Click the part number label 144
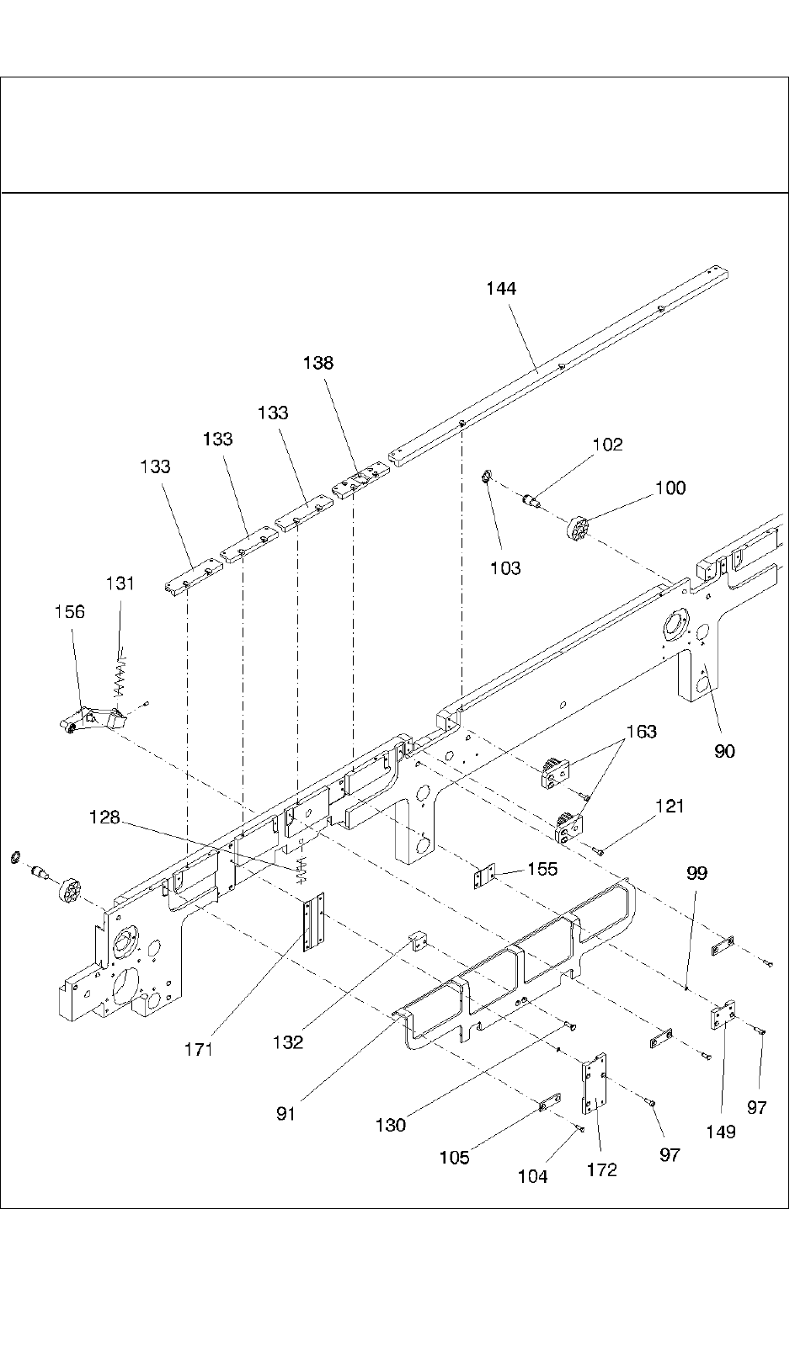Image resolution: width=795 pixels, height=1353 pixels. pos(501,289)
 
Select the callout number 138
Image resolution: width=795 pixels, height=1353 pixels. pos(318,363)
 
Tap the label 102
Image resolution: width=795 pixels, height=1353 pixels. pos(607,445)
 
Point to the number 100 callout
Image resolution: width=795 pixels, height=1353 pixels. pos(670,488)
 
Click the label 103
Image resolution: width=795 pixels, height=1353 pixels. pos(505,568)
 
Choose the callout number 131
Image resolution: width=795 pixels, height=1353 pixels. pos(120,583)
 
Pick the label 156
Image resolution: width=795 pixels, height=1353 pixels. pos(69,612)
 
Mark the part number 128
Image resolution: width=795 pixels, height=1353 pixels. pos(104,817)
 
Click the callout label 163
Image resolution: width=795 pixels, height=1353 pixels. pos(642,732)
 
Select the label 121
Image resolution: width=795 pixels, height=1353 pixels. pos(670,807)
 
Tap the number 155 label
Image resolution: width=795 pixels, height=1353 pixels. pos(542,869)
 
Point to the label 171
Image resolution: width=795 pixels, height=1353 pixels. pos(200,1049)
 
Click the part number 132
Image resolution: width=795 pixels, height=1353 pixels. pos(287,1042)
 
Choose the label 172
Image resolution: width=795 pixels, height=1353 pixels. pos(601,1169)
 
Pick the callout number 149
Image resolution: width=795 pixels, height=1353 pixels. pos(720,1132)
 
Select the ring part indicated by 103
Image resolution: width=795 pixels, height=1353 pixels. pos(486,480)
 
